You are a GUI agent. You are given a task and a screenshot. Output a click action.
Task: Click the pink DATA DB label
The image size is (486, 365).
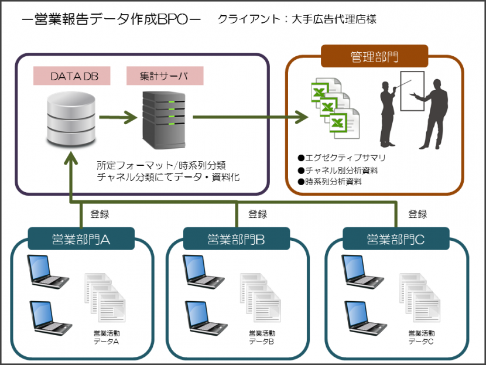72,76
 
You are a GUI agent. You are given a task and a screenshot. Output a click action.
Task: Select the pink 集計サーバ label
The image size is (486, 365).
165,76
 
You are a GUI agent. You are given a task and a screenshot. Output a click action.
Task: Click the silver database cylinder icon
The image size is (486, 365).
71,119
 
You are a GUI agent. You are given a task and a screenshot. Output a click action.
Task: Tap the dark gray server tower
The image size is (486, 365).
163,120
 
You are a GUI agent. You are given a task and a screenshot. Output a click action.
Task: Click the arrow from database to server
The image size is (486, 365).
118,117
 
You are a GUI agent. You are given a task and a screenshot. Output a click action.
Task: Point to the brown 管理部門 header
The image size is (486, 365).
374,56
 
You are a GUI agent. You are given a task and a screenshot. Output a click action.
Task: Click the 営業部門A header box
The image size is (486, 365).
81,239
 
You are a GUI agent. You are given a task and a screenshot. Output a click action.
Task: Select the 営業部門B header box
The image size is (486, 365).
237,239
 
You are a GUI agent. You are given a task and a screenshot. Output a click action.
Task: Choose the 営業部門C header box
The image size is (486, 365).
396,239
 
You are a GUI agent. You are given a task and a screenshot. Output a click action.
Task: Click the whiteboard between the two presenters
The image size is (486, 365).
412,91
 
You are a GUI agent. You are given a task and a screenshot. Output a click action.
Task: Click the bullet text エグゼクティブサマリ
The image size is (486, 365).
345,158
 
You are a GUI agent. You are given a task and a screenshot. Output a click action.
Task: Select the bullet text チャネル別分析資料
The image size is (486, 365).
341,170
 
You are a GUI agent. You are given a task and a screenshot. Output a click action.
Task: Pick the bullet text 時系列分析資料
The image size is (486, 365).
334,182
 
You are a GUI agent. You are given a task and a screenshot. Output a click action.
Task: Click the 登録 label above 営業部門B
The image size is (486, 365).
258,214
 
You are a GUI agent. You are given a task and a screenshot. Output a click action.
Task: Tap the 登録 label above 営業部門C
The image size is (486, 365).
417,214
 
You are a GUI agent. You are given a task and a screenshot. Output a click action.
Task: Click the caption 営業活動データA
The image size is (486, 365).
107,337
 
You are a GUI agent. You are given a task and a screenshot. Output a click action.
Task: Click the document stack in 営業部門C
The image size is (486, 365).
420,298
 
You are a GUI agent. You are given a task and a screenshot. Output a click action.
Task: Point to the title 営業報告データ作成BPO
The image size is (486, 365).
111,19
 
